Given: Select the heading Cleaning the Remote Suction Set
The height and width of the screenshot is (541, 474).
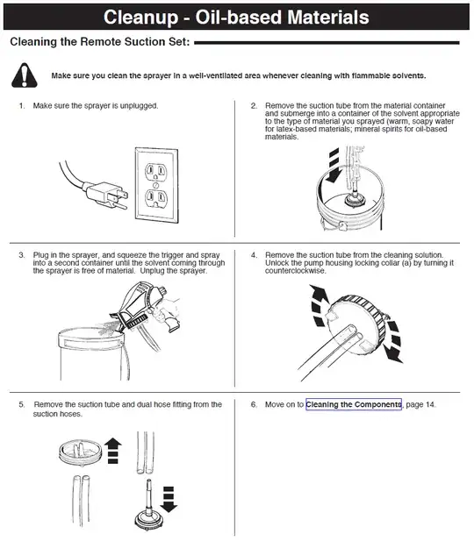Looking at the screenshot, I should point(97,42).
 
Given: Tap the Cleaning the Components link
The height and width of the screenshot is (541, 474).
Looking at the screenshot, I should point(354,404).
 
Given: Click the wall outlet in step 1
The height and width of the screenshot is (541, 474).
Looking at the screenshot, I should point(154,175).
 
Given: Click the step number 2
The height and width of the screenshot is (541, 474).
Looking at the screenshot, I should point(254,106).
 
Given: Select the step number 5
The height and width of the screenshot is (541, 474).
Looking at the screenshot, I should point(21,404).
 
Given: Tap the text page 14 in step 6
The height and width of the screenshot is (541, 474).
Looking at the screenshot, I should point(420,404).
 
